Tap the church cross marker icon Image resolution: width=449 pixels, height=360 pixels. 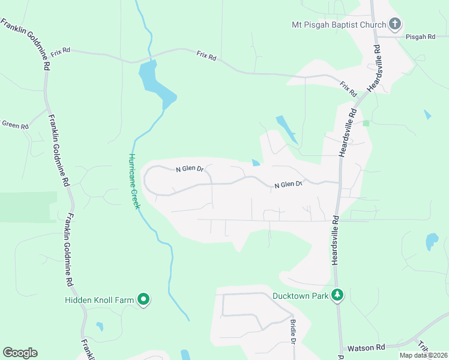[x=394, y=25]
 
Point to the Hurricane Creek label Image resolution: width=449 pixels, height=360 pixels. [x=134, y=181]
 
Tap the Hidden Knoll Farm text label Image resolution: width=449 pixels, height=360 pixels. [x=99, y=299]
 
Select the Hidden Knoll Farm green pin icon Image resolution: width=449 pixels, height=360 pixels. [x=143, y=298]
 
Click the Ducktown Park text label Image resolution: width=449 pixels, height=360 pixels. [x=300, y=296]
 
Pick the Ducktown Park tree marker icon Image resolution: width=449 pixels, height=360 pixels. [x=338, y=295]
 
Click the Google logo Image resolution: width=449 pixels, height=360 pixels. [x=20, y=353]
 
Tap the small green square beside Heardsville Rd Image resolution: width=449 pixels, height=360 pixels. [x=366, y=123]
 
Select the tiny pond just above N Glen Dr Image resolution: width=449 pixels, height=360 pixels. [x=256, y=162]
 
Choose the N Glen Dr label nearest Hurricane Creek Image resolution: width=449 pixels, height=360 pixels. [x=190, y=170]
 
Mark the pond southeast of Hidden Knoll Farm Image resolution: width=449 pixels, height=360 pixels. [x=100, y=326]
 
